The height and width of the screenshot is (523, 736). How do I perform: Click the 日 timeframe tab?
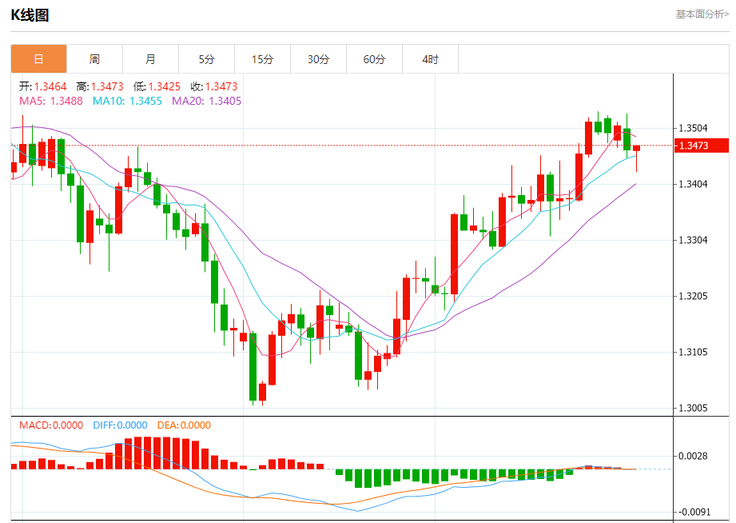tap(38, 59)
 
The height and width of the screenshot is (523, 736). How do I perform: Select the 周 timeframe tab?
tap(94, 59)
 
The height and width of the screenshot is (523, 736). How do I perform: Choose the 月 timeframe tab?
tap(150, 59)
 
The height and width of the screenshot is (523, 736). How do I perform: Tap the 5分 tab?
tap(207, 59)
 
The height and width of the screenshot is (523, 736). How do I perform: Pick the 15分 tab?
tap(262, 59)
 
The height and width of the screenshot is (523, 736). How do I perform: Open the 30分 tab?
tap(318, 59)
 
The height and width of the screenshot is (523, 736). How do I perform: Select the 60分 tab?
tap(374, 59)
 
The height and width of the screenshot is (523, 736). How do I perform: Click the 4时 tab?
tap(430, 59)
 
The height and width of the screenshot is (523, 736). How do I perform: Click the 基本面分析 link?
tap(702, 14)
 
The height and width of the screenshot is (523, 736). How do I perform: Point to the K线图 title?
tap(30, 14)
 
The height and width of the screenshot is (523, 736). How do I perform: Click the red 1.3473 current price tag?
tap(702, 146)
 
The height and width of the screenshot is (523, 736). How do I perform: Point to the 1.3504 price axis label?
tap(692, 128)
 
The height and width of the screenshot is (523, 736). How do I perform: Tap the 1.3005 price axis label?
tap(692, 408)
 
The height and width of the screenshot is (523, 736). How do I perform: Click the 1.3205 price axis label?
tap(692, 296)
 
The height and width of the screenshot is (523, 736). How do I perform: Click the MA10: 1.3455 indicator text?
tap(127, 102)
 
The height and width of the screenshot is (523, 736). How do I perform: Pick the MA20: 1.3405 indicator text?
tap(206, 102)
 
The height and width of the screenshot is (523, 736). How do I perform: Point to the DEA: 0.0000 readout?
tap(183, 425)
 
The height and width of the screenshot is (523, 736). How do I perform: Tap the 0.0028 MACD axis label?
tap(692, 456)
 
